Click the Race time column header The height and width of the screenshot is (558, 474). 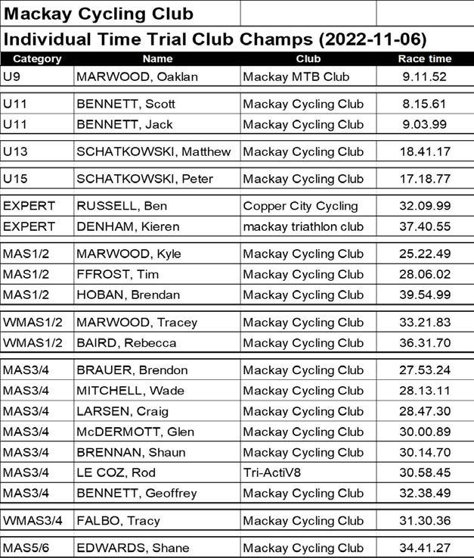click(424, 58)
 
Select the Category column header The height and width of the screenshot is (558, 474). click(37, 58)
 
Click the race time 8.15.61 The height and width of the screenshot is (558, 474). click(424, 104)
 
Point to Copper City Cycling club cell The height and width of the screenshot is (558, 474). click(301, 206)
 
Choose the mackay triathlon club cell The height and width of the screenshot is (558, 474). click(303, 226)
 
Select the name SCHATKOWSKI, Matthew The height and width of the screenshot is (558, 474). click(153, 151)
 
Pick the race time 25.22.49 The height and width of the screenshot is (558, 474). click(424, 254)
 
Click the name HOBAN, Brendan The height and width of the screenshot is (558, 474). click(128, 295)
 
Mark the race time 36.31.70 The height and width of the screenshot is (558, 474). click(424, 343)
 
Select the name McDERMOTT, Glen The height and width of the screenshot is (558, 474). click(135, 432)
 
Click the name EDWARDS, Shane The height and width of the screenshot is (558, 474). click(133, 548)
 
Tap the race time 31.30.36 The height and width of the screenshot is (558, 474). click(424, 521)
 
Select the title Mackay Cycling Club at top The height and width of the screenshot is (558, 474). click(98, 13)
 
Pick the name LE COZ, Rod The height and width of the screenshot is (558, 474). click(116, 472)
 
